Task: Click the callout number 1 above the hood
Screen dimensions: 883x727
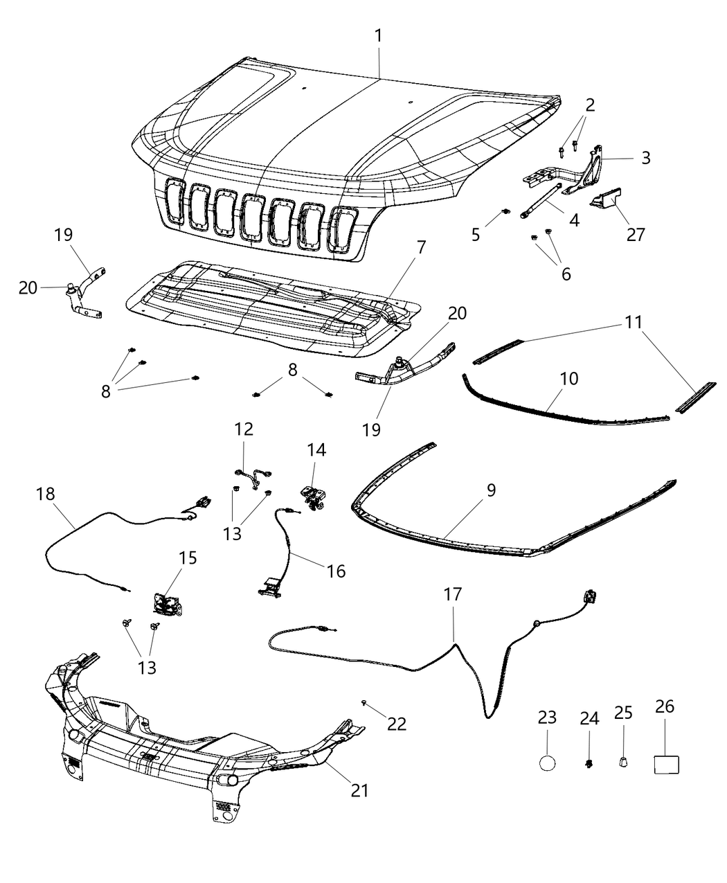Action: click(378, 35)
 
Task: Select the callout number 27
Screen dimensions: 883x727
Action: click(635, 234)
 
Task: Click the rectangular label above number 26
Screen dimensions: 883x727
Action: click(666, 764)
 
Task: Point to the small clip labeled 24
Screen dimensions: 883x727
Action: click(589, 764)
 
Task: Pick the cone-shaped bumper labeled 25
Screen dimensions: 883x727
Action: click(623, 762)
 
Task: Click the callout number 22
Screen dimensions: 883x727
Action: click(397, 723)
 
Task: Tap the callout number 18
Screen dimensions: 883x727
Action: click(46, 494)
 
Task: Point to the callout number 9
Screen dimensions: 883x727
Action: click(490, 490)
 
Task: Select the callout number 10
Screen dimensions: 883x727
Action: click(569, 379)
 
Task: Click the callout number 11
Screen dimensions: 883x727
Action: click(634, 322)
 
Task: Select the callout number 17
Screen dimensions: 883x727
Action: click(453, 594)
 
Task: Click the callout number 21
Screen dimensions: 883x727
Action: click(359, 789)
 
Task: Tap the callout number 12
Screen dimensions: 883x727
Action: click(243, 429)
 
